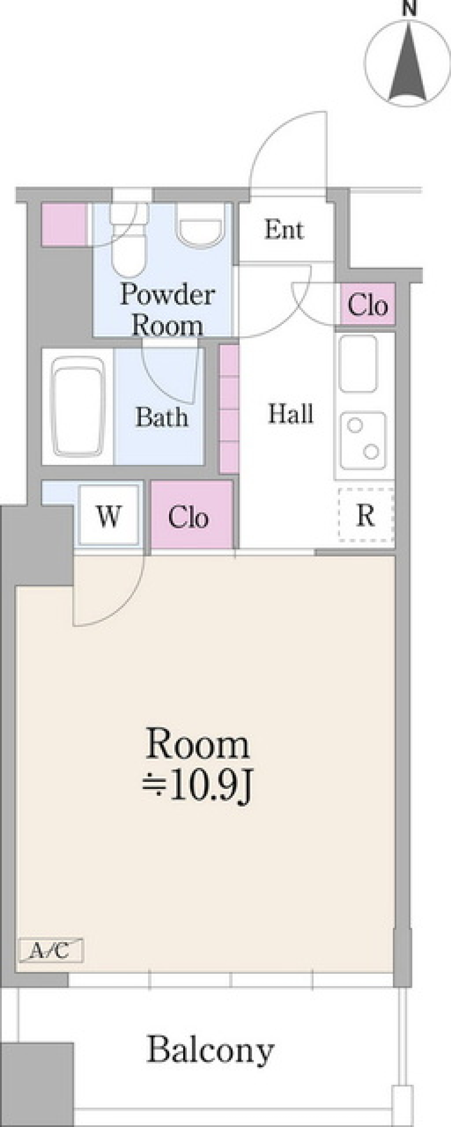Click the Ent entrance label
click(x=284, y=230)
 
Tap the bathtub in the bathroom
click(x=78, y=407)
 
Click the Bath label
click(x=162, y=417)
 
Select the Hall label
click(x=290, y=414)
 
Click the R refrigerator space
click(x=366, y=515)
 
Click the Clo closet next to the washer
click(x=192, y=515)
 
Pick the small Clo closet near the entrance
click(x=367, y=304)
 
